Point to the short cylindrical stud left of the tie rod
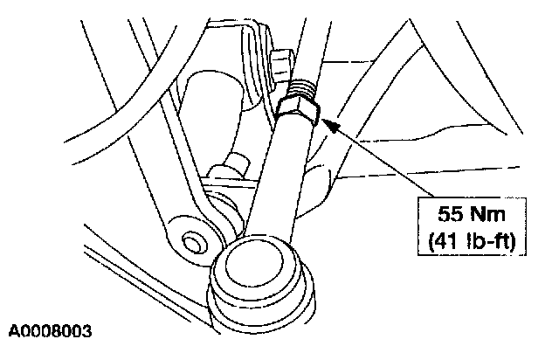coord(235,165)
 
